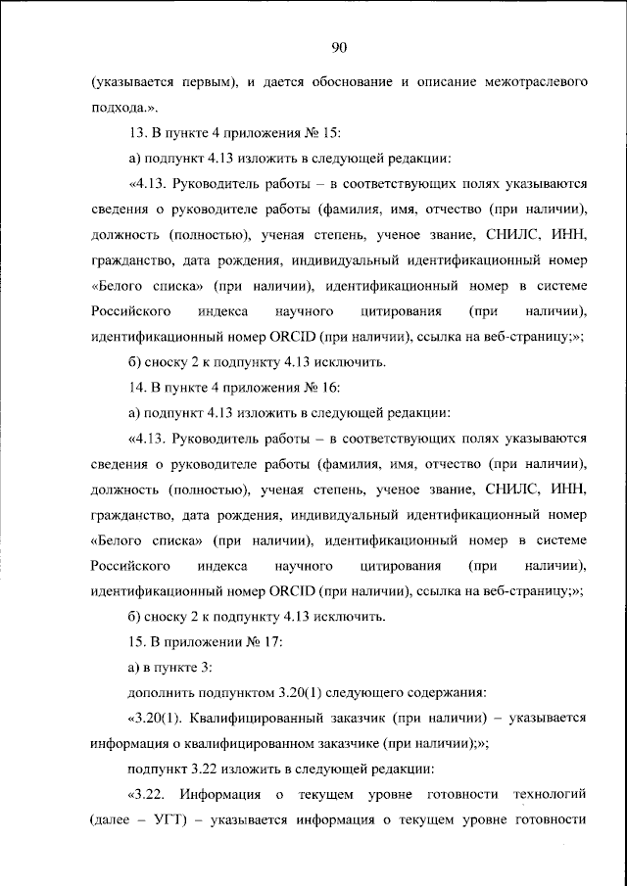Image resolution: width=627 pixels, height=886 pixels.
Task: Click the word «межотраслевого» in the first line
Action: (535, 84)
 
